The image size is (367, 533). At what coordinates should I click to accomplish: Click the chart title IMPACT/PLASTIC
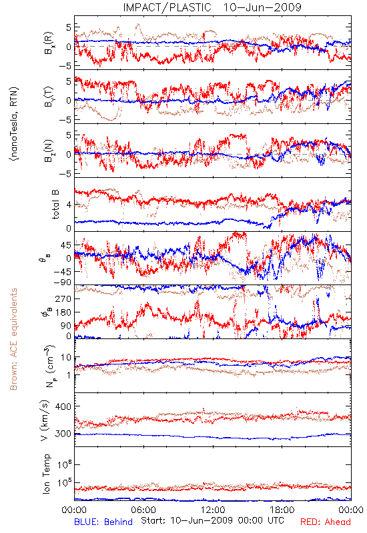[167, 7]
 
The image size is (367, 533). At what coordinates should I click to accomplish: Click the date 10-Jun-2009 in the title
[262, 7]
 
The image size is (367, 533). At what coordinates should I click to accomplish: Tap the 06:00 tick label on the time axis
[143, 510]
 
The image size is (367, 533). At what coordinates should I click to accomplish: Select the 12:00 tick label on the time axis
[213, 510]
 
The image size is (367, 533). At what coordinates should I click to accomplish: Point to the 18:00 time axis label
[282, 510]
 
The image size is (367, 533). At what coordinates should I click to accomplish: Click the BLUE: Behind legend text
[103, 522]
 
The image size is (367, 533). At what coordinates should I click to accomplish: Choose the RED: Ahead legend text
[326, 522]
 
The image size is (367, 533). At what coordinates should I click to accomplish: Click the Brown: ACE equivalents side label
[13, 339]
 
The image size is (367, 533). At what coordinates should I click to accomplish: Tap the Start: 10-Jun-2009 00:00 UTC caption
[212, 520]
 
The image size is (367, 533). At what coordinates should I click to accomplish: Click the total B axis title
[55, 205]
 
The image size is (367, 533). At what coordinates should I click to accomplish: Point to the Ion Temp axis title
[46, 474]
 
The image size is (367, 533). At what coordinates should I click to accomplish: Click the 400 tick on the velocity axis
[63, 406]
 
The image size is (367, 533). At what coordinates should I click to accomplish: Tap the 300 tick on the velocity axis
[63, 434]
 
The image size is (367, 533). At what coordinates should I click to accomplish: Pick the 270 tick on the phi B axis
[63, 298]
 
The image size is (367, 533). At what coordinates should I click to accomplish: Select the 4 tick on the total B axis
[69, 205]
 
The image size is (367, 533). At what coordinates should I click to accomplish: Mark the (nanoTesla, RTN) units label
[14, 124]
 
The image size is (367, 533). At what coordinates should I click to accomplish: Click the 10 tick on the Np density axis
[66, 358]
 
